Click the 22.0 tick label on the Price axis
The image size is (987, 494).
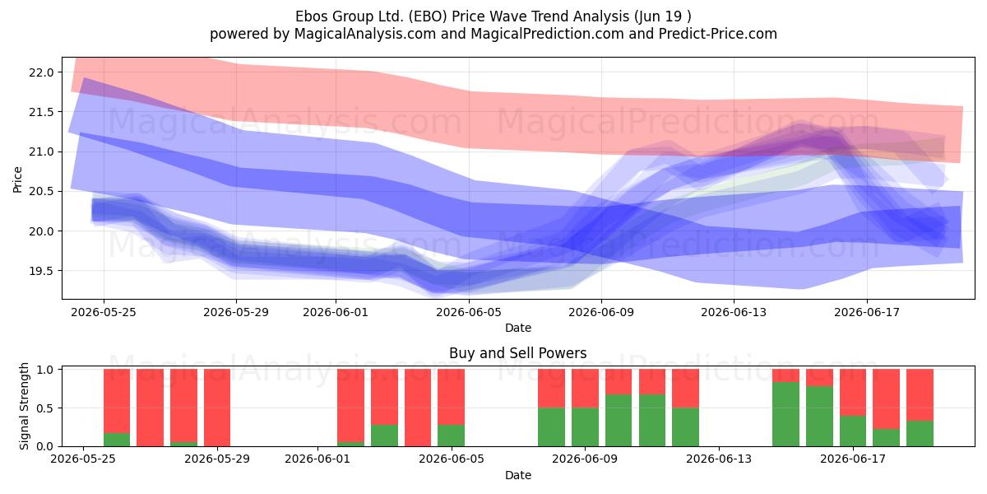[41, 72]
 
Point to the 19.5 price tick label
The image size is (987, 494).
[41, 271]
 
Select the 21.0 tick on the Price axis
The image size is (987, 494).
[41, 151]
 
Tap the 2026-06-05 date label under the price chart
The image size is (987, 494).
[469, 312]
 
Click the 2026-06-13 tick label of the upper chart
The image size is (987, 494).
[734, 312]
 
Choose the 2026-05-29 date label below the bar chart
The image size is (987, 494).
[217, 459]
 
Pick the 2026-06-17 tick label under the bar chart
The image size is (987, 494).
[853, 459]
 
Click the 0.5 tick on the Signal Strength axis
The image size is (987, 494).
[45, 408]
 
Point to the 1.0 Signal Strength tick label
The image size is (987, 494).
[45, 370]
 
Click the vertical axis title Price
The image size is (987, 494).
[17, 179]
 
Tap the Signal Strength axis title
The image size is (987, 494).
[24, 406]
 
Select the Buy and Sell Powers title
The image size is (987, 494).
[517, 353]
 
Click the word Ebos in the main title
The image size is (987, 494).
[312, 16]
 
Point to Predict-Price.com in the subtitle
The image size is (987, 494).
[718, 34]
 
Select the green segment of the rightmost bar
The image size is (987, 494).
[920, 434]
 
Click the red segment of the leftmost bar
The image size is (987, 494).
[117, 401]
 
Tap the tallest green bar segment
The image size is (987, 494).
[785, 414]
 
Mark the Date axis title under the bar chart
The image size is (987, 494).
[518, 475]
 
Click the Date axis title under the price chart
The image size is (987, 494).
[518, 328]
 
